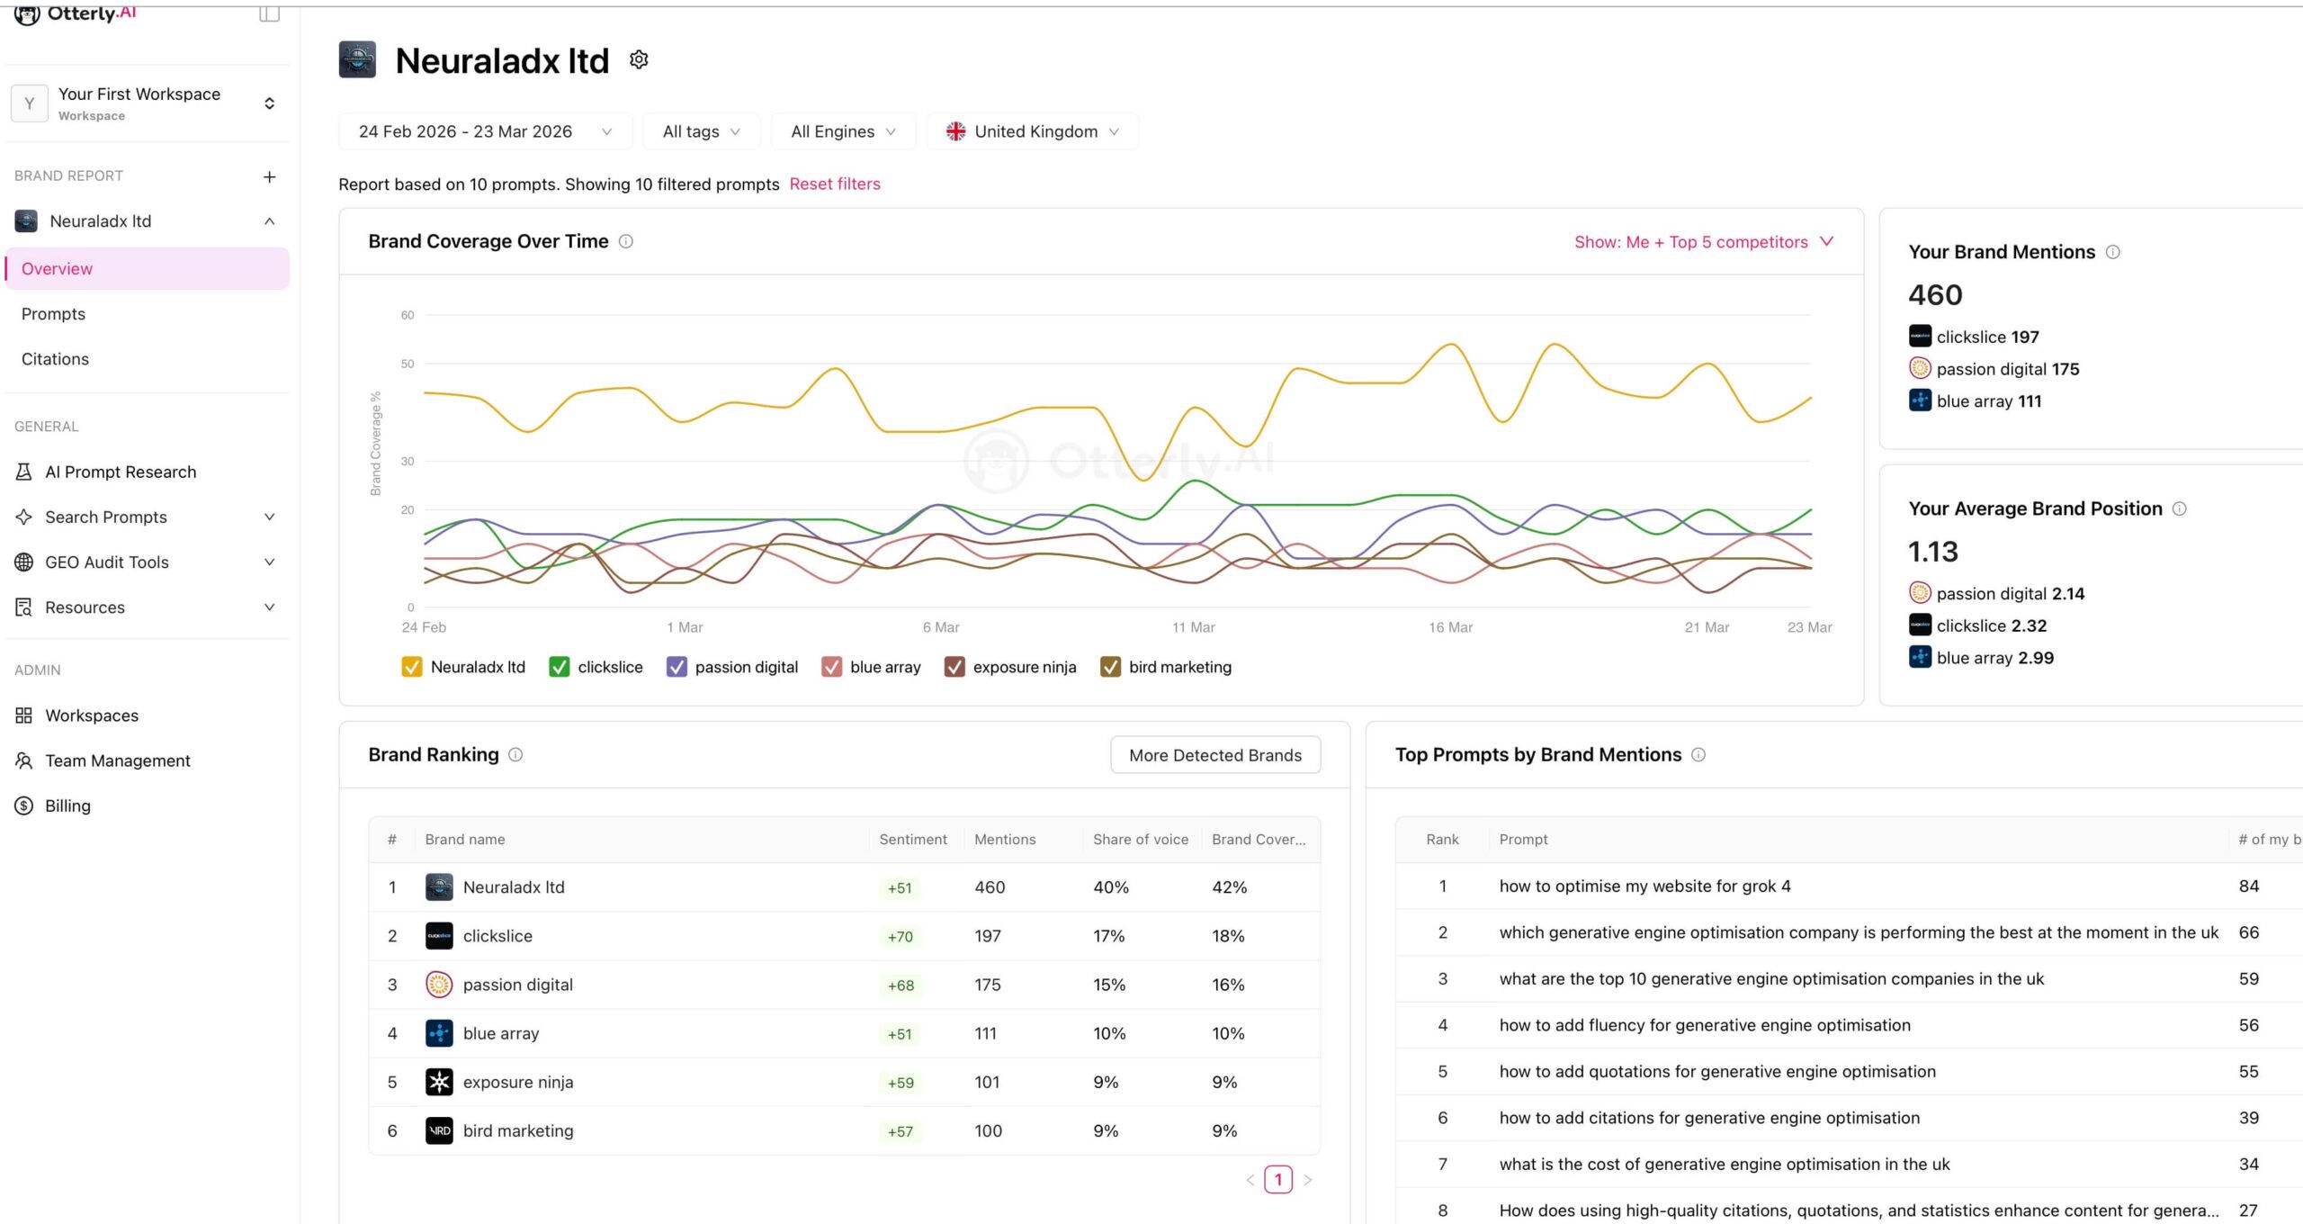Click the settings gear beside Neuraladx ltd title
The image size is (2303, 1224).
(x=639, y=60)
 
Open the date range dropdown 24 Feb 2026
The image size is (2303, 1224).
(x=484, y=131)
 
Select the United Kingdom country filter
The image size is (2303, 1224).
(x=1032, y=131)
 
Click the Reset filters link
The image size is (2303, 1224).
(x=834, y=184)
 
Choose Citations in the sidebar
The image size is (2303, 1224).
(x=55, y=359)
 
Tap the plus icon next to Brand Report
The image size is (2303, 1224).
(x=269, y=176)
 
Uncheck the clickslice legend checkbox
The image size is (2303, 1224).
(x=559, y=667)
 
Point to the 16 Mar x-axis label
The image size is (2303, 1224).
(x=1449, y=627)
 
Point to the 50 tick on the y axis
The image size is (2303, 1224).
(x=408, y=364)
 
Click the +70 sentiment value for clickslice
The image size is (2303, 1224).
(x=900, y=936)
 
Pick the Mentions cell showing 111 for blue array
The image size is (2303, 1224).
(x=985, y=1033)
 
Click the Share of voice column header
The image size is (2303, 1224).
(x=1140, y=839)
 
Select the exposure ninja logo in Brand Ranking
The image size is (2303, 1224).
(x=439, y=1082)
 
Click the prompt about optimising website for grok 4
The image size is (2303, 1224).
(x=1644, y=886)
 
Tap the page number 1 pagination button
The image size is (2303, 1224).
(x=1277, y=1179)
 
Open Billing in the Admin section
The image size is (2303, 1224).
(x=67, y=805)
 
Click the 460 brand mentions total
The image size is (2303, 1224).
(x=1935, y=294)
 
